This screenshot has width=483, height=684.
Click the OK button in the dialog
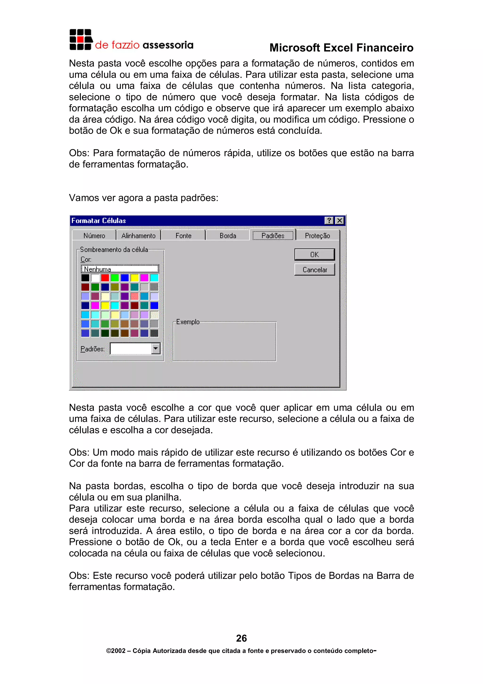[314, 254]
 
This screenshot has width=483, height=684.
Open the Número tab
[94, 236]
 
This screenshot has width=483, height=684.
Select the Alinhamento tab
[138, 236]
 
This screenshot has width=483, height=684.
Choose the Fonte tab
[183, 236]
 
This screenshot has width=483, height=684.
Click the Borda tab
[228, 236]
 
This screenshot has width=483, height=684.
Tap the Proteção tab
[317, 236]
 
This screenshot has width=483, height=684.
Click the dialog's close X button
[339, 220]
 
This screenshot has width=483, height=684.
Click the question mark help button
[329, 220]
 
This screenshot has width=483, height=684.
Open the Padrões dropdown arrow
[156, 348]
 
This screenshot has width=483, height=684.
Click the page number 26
[241, 638]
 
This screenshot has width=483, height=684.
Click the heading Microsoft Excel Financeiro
[341, 48]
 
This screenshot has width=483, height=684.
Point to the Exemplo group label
[188, 322]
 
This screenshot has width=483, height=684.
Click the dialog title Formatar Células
[99, 221]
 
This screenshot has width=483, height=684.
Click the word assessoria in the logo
[168, 45]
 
